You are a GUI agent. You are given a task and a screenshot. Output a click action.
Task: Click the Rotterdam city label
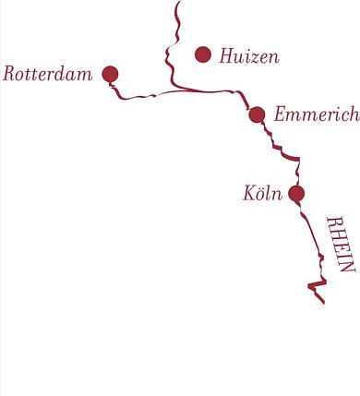tap(47, 74)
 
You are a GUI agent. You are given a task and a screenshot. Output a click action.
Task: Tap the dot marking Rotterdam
tap(110, 74)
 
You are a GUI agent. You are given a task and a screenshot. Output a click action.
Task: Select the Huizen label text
tap(248, 56)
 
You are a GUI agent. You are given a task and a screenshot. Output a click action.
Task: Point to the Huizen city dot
tap(203, 54)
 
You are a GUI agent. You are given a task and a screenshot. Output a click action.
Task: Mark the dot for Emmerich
tap(257, 114)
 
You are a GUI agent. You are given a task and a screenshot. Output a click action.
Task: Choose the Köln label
tap(261, 195)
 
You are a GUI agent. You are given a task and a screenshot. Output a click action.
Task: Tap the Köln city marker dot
tap(296, 193)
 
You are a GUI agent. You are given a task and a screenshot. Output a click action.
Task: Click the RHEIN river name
tap(341, 244)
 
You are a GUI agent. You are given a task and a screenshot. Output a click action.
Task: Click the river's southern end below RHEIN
tap(323, 302)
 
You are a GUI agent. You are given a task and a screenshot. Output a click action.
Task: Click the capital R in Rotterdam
tap(9, 74)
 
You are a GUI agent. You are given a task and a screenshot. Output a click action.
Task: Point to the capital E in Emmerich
tap(280, 115)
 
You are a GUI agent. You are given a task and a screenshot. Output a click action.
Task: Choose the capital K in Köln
tap(248, 195)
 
